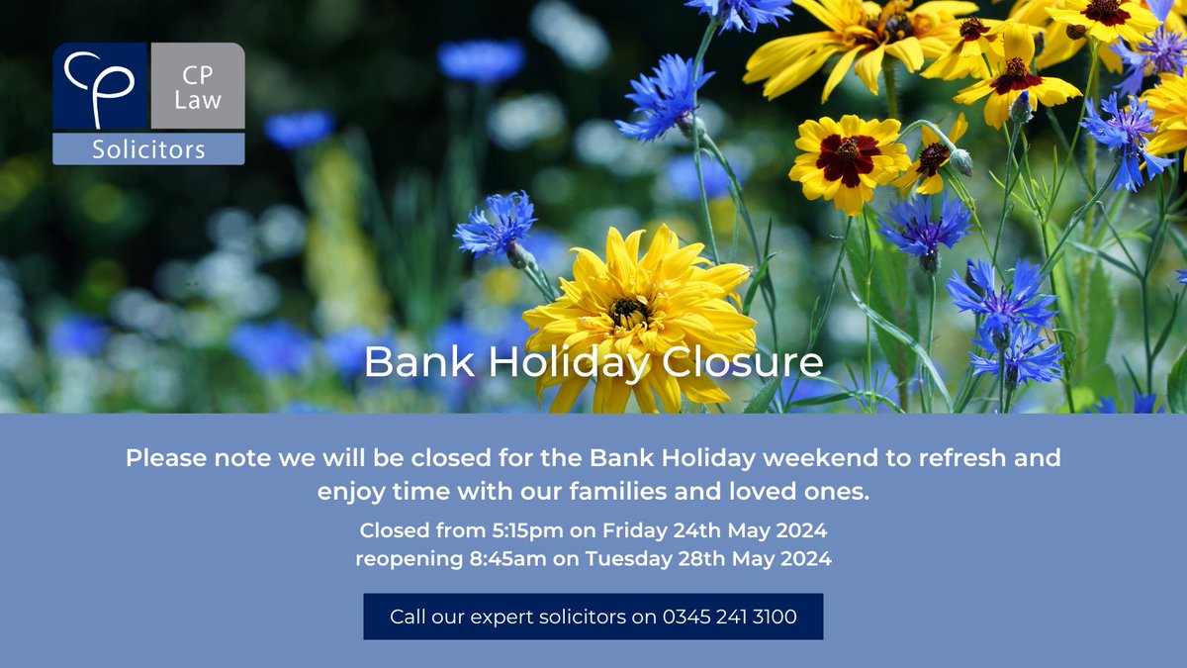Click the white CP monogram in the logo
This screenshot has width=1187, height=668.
pos(99,86)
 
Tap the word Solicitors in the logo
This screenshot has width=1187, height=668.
pos(148,149)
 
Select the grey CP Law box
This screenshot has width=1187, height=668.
pos(197,86)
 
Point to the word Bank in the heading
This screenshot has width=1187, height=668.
pos(408,362)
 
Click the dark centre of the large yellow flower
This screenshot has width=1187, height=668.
pos(629,310)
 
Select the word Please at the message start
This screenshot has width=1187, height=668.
pos(164,458)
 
